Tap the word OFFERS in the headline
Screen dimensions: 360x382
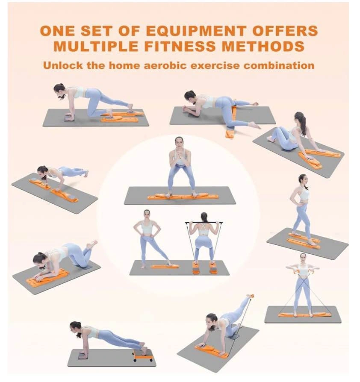click(285, 31)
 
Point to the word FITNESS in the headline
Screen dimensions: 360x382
click(180, 46)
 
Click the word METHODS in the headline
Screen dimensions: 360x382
click(263, 46)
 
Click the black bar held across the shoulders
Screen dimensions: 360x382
click(204, 223)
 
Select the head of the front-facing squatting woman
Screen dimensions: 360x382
click(179, 142)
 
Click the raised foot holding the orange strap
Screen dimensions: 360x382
click(250, 296)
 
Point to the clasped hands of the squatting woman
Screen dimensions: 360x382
click(179, 153)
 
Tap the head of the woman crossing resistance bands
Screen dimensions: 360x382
click(303, 258)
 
